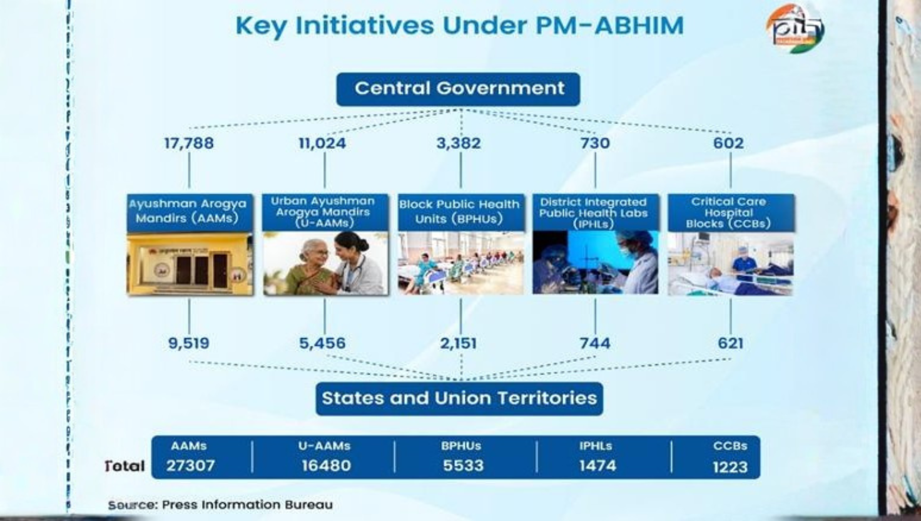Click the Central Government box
(458, 88)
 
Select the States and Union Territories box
(459, 398)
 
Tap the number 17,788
(189, 143)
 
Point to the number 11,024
(322, 143)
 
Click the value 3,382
(459, 143)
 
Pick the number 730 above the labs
(594, 143)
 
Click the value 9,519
(188, 343)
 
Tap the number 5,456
(322, 343)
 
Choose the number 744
(594, 343)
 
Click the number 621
(730, 343)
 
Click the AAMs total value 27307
(190, 466)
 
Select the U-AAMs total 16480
(326, 466)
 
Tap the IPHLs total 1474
(597, 466)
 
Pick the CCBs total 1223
(730, 467)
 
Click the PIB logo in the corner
(795, 28)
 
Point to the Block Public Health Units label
(460, 212)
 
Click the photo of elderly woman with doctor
(325, 264)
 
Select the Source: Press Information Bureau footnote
(220, 505)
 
